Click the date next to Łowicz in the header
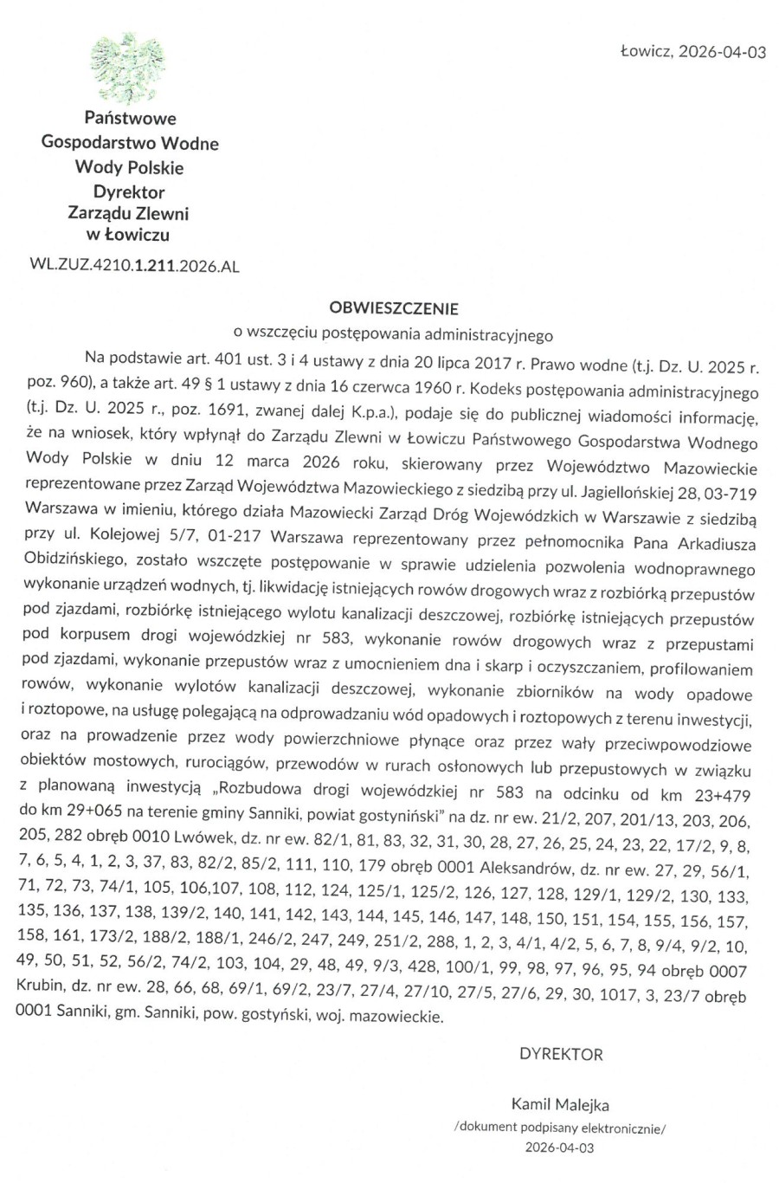tap(723, 52)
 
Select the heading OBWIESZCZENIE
tap(394, 307)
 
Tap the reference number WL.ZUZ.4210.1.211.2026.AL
tap(133, 267)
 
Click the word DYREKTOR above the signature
tap(561, 1055)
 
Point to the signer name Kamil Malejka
tap(560, 1105)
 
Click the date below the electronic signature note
tap(560, 1148)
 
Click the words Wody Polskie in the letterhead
tap(130, 167)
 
